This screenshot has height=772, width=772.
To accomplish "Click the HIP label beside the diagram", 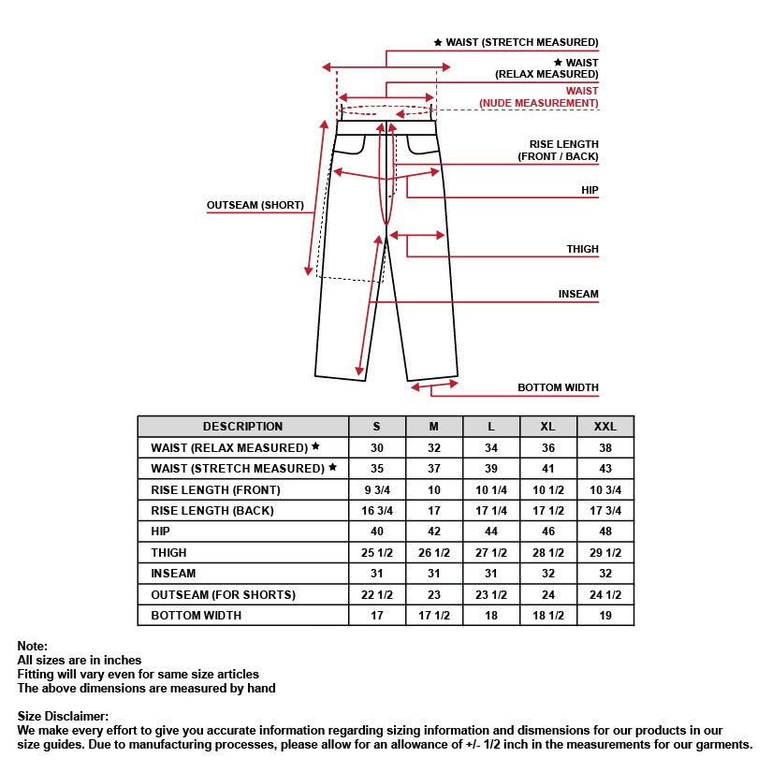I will (589, 190).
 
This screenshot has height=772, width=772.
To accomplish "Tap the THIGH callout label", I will (582, 249).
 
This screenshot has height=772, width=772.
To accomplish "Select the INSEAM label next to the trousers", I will (578, 294).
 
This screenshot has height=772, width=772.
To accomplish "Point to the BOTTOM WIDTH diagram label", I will (558, 387).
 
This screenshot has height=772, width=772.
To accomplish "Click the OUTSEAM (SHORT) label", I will (255, 206).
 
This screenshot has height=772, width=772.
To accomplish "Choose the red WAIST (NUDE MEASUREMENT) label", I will (539, 96).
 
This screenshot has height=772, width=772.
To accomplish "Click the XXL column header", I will (605, 427).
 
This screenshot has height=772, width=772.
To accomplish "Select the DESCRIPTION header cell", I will (242, 427).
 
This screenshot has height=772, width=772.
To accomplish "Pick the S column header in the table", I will (377, 427).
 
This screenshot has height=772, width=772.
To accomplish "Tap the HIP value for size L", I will (491, 532).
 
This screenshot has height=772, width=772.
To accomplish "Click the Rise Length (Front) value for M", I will (434, 490).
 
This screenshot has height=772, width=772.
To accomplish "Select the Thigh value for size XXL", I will (605, 553).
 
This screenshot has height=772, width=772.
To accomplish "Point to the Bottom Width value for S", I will (377, 615).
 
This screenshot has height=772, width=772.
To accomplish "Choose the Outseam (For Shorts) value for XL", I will (548, 594).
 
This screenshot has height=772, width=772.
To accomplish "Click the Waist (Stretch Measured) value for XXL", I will (605, 469).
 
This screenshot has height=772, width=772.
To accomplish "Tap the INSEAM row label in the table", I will (173, 574).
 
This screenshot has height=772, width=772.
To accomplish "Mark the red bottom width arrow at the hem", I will (433, 384).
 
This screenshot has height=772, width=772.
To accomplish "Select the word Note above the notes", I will (31, 646).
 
